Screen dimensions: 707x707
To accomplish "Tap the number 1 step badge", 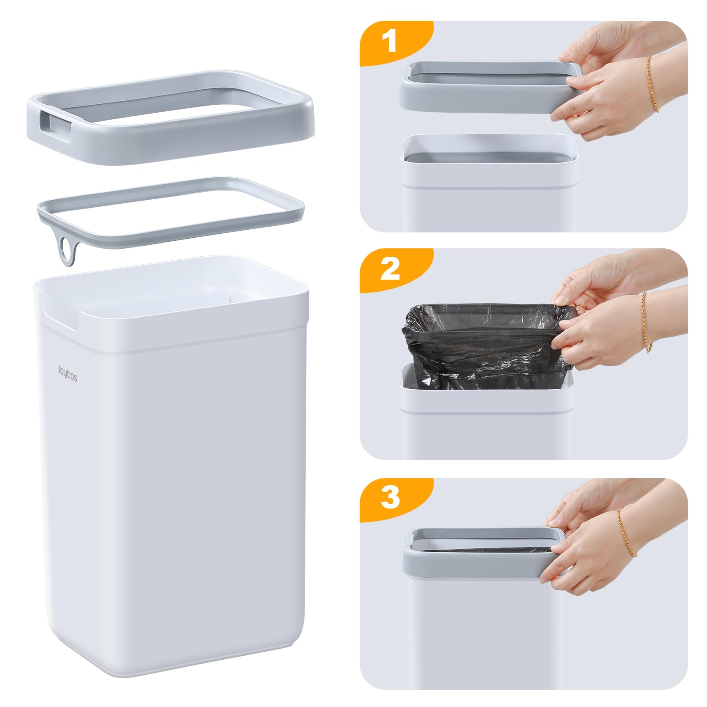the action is (x=389, y=42).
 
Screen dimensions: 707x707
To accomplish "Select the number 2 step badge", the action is (x=390, y=269).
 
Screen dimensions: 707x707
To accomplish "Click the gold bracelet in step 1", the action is (x=653, y=84).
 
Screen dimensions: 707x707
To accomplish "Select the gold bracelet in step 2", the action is (x=646, y=323).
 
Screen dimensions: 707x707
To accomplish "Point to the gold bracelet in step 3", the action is (x=627, y=532).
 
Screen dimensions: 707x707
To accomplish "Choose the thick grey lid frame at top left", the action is (x=171, y=117).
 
